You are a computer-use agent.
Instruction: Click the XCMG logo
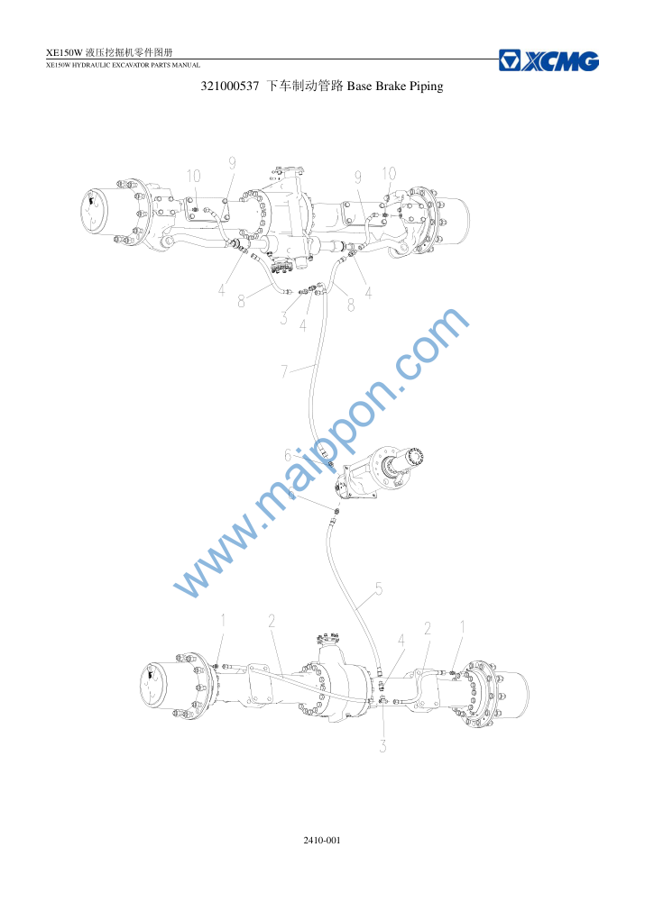tap(548, 61)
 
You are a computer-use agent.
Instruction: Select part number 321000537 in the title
tap(230, 87)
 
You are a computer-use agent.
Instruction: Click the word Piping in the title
tap(427, 87)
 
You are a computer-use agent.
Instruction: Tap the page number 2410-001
tap(322, 840)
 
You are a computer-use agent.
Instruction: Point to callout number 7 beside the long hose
tap(284, 370)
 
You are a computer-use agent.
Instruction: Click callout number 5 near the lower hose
tap(379, 589)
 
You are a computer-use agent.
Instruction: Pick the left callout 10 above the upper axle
tap(194, 176)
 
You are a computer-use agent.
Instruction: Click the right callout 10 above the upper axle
tap(389, 173)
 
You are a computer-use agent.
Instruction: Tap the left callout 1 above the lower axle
tap(222, 621)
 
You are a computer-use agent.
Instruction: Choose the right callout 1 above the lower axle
tap(463, 627)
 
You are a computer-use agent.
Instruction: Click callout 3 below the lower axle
tap(382, 746)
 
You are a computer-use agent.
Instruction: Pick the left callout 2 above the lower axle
tap(272, 621)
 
